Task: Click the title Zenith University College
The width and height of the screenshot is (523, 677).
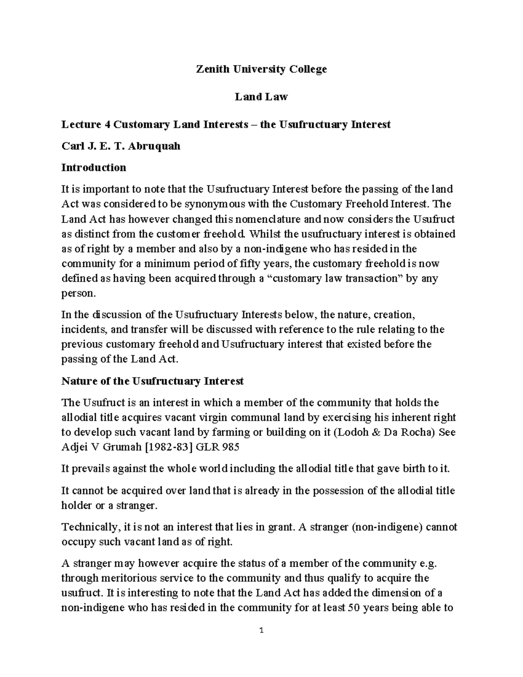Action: click(261, 69)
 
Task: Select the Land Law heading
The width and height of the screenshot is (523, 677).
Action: click(261, 97)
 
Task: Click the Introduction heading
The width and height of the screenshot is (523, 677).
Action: click(94, 167)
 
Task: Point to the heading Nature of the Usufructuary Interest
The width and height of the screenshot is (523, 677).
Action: click(152, 381)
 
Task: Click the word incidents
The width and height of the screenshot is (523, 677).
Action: click(82, 329)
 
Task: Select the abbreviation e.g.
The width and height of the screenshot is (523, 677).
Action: click(427, 563)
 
